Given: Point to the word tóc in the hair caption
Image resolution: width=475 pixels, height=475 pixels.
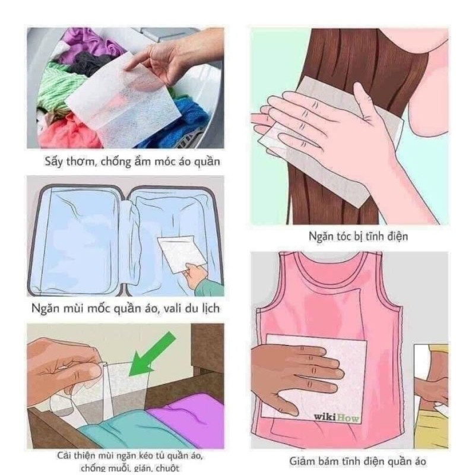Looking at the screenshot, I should click(x=346, y=236).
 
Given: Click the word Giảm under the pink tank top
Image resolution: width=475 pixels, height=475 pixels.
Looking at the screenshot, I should click(x=305, y=461).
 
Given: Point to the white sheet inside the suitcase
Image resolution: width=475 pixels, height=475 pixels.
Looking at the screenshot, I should click(x=180, y=252).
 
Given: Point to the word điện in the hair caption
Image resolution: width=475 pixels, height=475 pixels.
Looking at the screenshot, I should click(x=395, y=236).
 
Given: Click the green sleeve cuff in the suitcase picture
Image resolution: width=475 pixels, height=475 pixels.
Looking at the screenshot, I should click(x=208, y=289).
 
